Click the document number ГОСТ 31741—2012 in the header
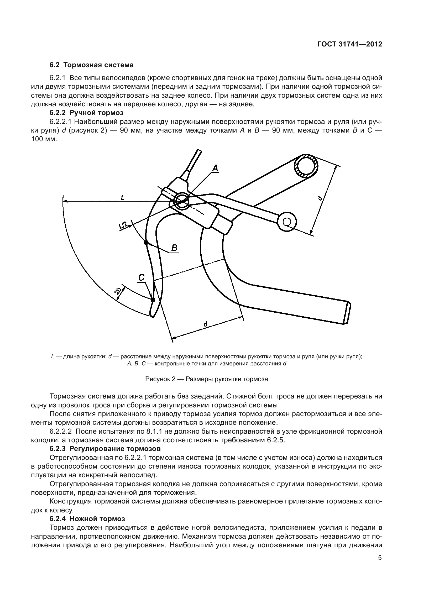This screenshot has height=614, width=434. pos(349,44)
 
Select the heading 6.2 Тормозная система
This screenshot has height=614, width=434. pos(91,65)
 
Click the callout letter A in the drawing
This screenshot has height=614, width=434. pos(215,168)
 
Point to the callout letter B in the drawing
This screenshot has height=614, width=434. pos(174,248)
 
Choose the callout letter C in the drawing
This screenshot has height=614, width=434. pos(141,278)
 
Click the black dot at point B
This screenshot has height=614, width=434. pos(146,243)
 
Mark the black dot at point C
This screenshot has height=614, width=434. pos(153,300)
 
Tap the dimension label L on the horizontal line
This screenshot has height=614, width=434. pos(123,198)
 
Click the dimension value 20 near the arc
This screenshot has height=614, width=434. pos(118,291)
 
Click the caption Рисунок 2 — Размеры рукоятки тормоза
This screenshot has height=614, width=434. pos(206,379)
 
